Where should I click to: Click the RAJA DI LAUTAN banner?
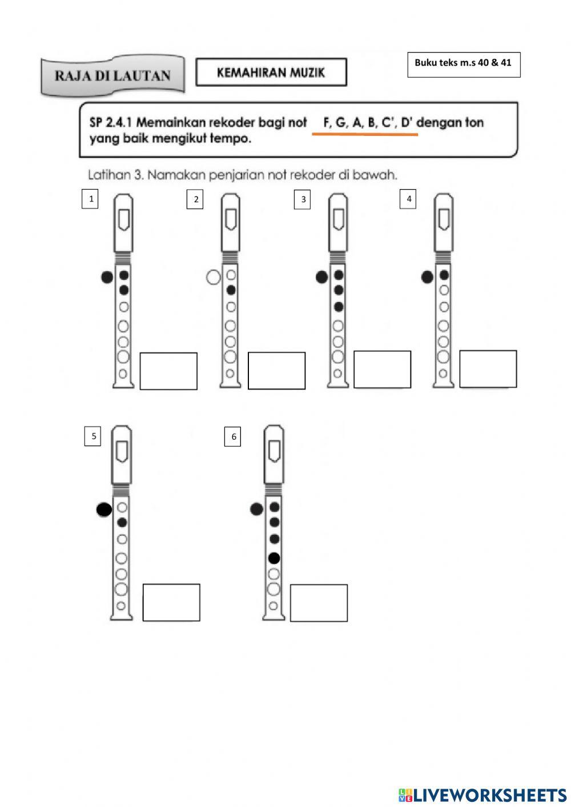112,75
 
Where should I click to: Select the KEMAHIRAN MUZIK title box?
271,73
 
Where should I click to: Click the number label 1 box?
90,199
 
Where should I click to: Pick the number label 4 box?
408,199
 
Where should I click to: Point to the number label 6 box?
232,437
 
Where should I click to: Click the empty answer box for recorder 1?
168,371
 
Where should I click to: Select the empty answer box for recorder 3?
382,370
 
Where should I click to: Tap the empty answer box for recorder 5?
171,603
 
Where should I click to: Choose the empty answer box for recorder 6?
319,603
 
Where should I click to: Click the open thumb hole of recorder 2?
213,278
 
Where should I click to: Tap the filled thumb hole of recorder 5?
104,509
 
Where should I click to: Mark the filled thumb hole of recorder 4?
427,278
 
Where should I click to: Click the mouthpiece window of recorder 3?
338,219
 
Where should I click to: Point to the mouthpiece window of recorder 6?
274,451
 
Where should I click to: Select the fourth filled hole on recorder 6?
274,558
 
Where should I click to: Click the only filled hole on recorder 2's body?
231,290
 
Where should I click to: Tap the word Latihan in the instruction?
109,175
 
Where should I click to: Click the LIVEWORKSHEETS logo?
482,794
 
